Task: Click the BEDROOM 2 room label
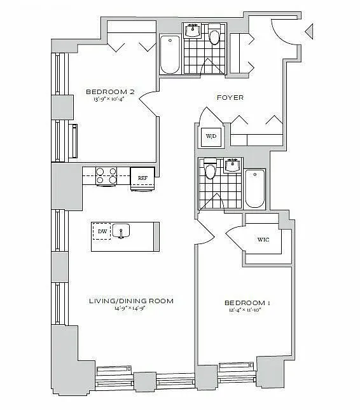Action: click(x=110, y=92)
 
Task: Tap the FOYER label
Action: click(x=230, y=97)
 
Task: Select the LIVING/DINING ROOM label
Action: click(x=131, y=301)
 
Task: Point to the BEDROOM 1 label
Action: click(x=247, y=303)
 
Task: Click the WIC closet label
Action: click(x=263, y=240)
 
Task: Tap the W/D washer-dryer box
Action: click(x=211, y=136)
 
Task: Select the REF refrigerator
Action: click(x=142, y=179)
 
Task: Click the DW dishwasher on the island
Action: click(x=102, y=231)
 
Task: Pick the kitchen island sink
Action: click(x=121, y=231)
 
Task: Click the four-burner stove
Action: click(x=106, y=175)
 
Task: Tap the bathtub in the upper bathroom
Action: click(x=170, y=55)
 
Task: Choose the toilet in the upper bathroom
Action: click(x=214, y=36)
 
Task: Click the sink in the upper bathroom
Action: click(x=193, y=31)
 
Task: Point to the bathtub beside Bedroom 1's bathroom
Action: click(x=255, y=189)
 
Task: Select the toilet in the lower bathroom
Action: click(x=210, y=169)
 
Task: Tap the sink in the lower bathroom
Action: click(x=233, y=165)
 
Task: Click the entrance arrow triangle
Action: click(x=309, y=31)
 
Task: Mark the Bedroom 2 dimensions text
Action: click(x=109, y=99)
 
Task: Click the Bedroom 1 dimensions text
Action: click(x=246, y=310)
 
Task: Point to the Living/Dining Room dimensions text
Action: click(x=130, y=308)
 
